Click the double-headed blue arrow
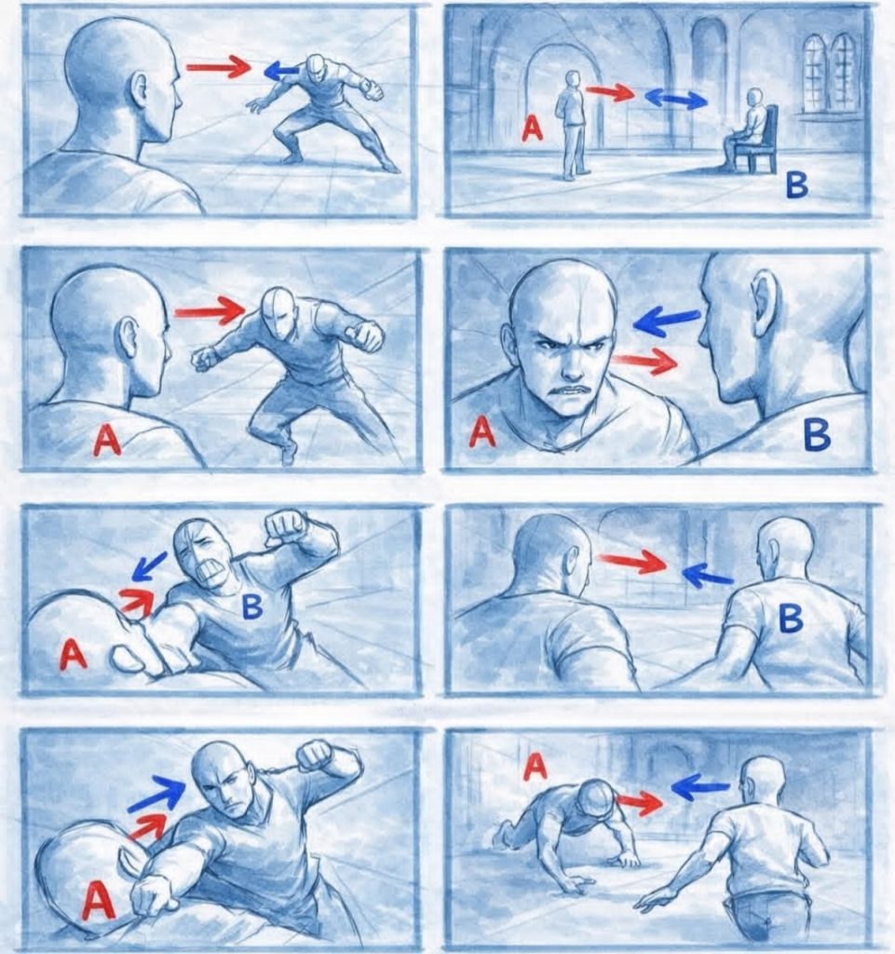(x=675, y=99)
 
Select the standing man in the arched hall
(x=572, y=125)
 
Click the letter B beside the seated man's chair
(x=796, y=185)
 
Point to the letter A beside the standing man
(x=533, y=129)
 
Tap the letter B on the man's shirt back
(x=791, y=620)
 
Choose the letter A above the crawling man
(x=536, y=767)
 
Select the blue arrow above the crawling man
(x=700, y=788)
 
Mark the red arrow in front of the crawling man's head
(x=638, y=802)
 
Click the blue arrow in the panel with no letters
(x=281, y=71)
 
